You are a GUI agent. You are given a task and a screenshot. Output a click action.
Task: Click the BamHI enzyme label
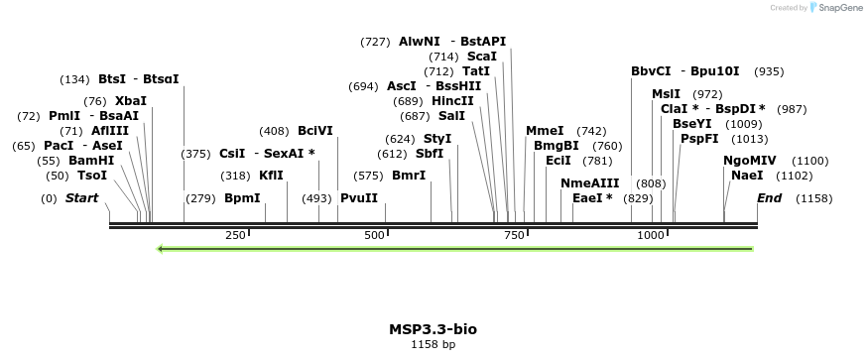90,161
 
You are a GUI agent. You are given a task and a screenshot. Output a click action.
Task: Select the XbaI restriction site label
130,101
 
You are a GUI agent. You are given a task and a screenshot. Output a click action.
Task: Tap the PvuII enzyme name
359,198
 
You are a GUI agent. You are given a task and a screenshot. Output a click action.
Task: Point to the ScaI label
482,57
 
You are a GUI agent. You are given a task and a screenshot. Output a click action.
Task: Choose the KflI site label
271,176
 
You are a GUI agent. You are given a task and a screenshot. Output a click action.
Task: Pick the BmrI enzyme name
409,176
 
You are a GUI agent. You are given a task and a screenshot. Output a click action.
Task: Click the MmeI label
545,131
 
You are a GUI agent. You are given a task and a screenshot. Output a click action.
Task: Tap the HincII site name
453,101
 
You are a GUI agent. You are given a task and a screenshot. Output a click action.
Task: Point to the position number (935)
769,71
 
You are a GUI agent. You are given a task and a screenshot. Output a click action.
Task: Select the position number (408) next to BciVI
274,131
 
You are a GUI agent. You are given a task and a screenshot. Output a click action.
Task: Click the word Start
81,198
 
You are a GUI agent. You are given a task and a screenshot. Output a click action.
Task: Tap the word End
769,198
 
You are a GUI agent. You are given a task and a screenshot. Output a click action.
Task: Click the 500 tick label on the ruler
375,235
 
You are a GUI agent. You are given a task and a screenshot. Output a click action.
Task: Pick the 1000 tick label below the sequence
651,235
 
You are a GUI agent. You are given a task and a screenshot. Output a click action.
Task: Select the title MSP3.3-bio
433,329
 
